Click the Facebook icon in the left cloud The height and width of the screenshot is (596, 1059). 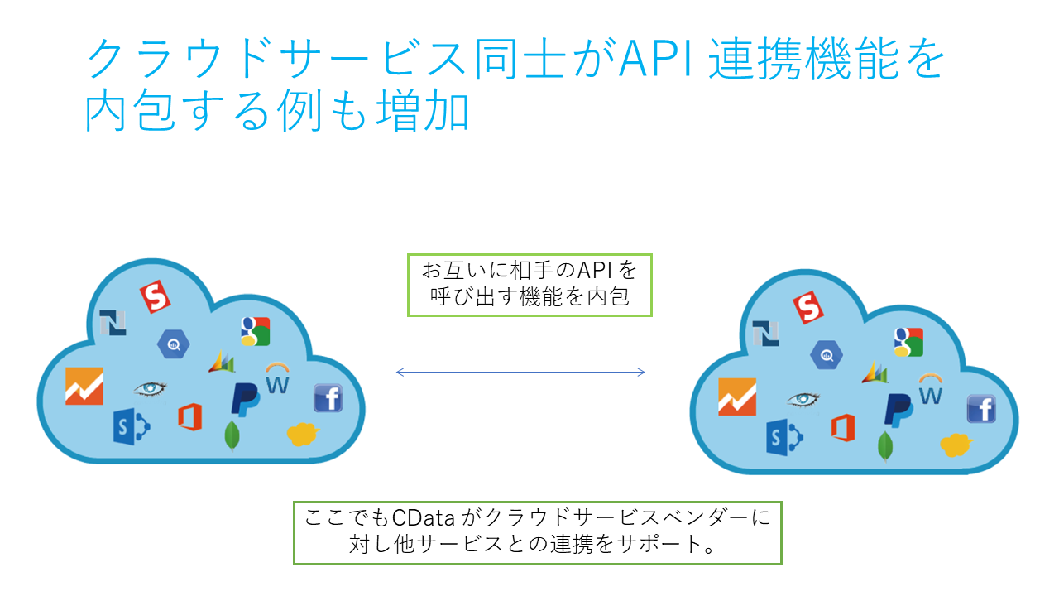[328, 398]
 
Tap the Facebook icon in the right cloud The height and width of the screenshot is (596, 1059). [981, 408]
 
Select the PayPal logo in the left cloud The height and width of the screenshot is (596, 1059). [245, 398]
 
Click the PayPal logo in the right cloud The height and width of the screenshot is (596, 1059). [898, 408]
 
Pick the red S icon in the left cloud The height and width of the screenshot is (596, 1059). [155, 297]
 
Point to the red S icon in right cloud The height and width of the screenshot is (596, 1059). [808, 307]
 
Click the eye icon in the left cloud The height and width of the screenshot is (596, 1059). [150, 388]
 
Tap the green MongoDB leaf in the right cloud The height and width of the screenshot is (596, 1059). [885, 445]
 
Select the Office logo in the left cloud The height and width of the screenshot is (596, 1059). [189, 416]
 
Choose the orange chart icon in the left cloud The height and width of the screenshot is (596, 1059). [84, 386]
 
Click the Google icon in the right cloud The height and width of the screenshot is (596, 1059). [908, 341]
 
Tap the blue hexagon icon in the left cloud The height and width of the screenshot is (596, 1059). [174, 344]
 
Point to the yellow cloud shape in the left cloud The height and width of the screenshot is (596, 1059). [302, 433]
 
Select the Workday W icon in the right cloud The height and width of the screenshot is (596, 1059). [931, 390]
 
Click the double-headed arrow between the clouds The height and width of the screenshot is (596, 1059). [520, 372]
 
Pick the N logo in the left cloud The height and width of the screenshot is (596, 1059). [112, 323]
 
